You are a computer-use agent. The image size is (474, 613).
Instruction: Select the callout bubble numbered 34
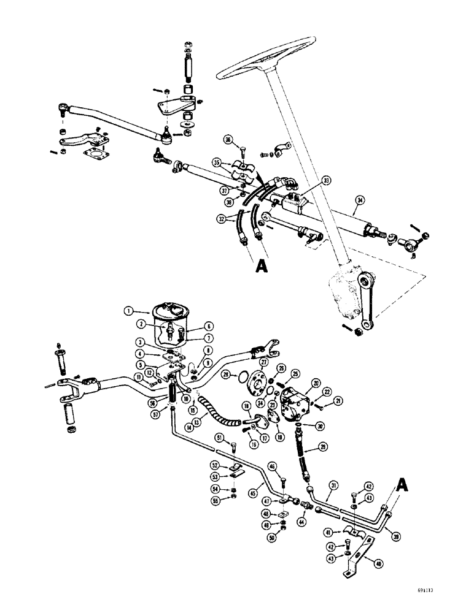[x=360, y=199]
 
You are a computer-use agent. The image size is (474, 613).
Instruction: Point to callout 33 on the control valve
[x=326, y=181]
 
